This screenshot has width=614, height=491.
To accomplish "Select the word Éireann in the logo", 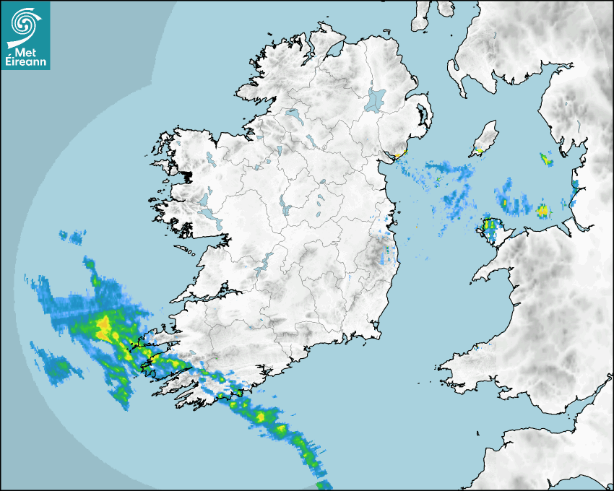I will pyautogui.click(x=27, y=62).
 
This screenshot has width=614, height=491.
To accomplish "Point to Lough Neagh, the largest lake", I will pyautogui.click(x=376, y=100).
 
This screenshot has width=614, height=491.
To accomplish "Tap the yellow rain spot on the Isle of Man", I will pyautogui.click(x=478, y=152).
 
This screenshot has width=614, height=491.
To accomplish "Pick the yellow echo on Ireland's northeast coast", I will pyautogui.click(x=398, y=155).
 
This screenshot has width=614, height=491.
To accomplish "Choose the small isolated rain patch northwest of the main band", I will pyautogui.click(x=72, y=236).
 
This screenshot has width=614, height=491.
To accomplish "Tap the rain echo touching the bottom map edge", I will pyautogui.click(x=324, y=485).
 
